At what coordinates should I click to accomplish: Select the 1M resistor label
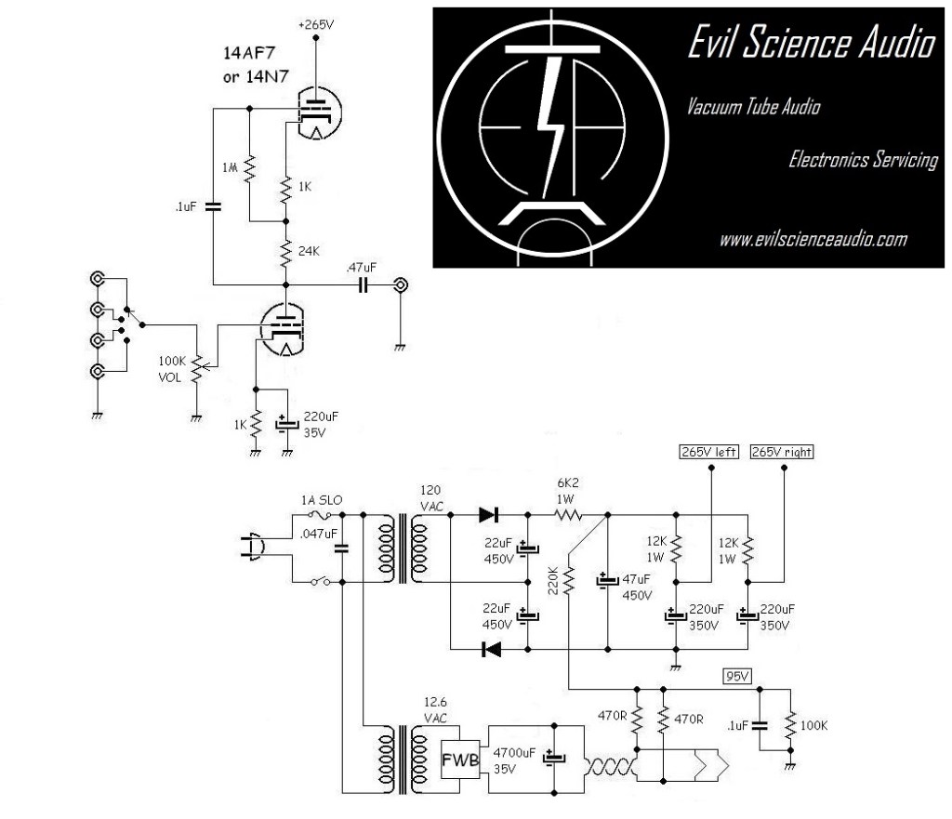(230, 166)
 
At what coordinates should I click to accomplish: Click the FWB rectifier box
(462, 760)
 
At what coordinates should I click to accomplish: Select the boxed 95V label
(736, 676)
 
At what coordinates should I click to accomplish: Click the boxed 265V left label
(708, 452)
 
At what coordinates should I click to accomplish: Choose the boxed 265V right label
(782, 452)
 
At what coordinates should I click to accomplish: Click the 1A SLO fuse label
(321, 500)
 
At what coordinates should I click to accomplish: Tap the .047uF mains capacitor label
(317, 535)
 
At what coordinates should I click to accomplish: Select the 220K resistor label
(555, 581)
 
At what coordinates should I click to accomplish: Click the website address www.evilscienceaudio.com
(813, 240)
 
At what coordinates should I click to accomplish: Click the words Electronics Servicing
(862, 160)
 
